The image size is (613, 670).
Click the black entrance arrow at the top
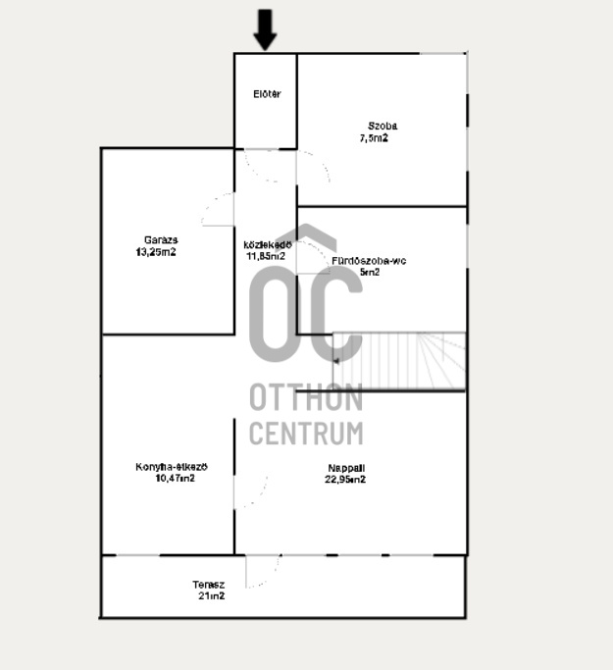click(x=265, y=29)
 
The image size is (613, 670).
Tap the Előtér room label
click(x=267, y=94)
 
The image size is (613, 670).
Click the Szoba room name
click(x=383, y=126)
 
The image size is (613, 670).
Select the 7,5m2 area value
click(x=374, y=138)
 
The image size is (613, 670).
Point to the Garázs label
click(x=161, y=240)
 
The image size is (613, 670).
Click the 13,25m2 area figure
click(x=156, y=252)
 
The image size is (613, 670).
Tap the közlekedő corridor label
click(x=268, y=245)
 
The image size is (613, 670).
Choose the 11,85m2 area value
click(x=266, y=256)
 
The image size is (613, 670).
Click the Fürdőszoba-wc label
click(x=369, y=261)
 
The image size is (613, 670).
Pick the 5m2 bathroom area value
click(x=370, y=272)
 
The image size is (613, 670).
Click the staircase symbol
click(x=399, y=361)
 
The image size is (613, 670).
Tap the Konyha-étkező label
click(x=172, y=467)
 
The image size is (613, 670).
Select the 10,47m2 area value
click(x=176, y=478)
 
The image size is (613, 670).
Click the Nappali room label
click(x=346, y=468)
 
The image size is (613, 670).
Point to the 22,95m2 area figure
click(x=345, y=480)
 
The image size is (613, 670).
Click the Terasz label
click(x=209, y=585)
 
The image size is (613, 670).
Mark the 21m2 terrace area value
click(x=212, y=596)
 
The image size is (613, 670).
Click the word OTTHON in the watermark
click(x=306, y=397)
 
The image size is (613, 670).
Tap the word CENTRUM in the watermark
click(x=306, y=433)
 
